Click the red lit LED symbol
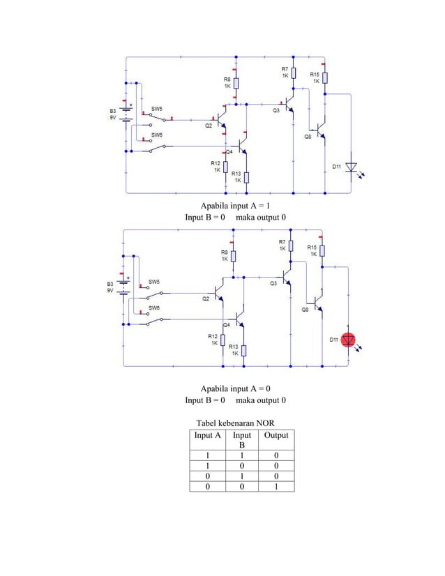click(x=351, y=340)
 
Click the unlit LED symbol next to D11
click(x=352, y=167)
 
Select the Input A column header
click(x=208, y=435)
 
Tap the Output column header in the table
click(x=276, y=435)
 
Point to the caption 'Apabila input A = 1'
click(x=235, y=206)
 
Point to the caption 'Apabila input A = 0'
click(x=235, y=388)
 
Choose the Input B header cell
click(x=242, y=439)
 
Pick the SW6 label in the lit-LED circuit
click(x=154, y=307)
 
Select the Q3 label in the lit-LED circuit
click(x=273, y=283)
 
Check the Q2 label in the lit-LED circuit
click(x=206, y=298)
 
